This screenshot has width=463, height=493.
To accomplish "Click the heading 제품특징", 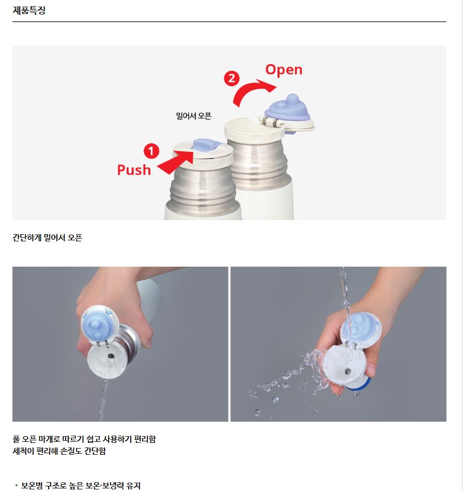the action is (x=29, y=10).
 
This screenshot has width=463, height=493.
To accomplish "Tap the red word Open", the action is (x=284, y=70).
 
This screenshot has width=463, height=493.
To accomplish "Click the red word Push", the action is (x=134, y=170).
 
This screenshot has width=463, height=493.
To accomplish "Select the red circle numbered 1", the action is (x=151, y=151).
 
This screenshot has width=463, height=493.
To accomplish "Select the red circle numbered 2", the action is (x=231, y=78).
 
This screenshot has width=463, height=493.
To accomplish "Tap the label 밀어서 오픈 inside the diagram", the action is (x=194, y=116).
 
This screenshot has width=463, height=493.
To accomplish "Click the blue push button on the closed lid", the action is (x=205, y=146).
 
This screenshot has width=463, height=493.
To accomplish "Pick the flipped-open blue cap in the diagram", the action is (x=287, y=109).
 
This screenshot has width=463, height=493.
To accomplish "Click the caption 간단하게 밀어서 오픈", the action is (x=47, y=237).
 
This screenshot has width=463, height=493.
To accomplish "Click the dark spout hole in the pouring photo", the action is (x=111, y=356).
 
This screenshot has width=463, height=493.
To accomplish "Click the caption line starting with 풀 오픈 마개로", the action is (x=84, y=439).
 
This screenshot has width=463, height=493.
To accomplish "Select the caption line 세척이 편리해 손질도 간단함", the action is (x=59, y=451).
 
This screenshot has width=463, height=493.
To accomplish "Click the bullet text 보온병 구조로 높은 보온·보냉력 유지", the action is (x=81, y=485).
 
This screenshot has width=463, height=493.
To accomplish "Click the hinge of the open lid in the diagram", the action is (x=270, y=121).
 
